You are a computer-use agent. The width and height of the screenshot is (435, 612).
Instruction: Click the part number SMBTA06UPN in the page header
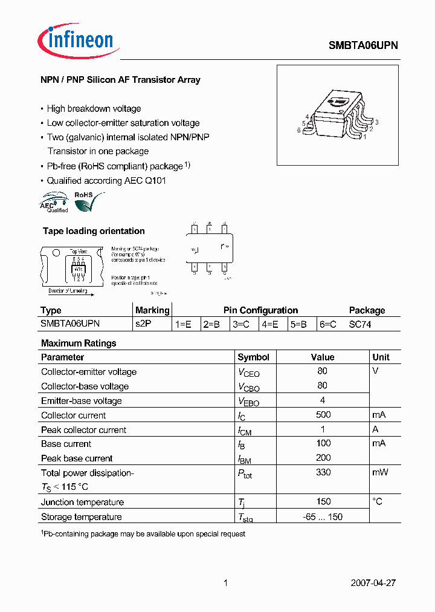tap(362, 45)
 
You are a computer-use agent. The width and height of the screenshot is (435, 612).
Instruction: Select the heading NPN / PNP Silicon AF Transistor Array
tap(120, 80)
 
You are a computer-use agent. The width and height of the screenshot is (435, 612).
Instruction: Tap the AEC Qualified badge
tap(54, 201)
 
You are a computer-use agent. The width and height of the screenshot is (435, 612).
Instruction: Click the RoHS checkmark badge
tap(86, 201)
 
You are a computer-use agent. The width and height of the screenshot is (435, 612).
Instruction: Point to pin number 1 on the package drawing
tap(364, 137)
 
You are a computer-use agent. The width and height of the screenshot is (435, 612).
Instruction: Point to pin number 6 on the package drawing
tap(298, 130)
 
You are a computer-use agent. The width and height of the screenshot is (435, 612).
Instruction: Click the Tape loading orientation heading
tap(94, 231)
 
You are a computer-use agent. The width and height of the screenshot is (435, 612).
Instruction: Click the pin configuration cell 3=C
tap(240, 324)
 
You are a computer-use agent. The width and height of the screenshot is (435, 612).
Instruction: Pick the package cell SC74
tap(360, 324)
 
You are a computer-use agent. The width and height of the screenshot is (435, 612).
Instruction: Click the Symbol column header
tap(253, 357)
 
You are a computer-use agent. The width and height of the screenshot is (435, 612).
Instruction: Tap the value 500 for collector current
tap(323, 415)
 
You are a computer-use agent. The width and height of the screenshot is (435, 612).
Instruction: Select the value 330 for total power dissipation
tap(323, 472)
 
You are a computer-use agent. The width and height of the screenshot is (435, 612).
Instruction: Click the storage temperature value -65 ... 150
tap(323, 516)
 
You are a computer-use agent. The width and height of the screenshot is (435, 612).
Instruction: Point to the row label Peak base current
tap(77, 458)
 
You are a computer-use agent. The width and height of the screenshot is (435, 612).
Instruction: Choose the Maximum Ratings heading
tap(79, 343)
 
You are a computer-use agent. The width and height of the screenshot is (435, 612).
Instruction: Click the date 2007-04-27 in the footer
tap(373, 583)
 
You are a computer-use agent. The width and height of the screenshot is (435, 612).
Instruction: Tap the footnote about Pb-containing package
tap(143, 534)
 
